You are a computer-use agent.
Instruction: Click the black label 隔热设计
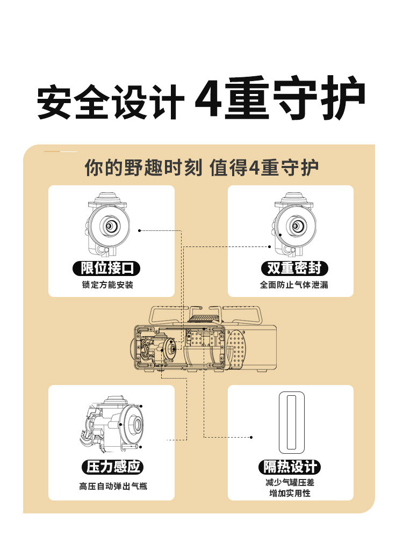(290, 467)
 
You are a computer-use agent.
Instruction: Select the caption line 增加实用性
(290, 493)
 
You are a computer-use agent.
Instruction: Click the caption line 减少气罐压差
(290, 483)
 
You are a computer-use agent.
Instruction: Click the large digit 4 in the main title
(207, 99)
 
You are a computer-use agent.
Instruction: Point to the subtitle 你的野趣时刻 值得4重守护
(201, 168)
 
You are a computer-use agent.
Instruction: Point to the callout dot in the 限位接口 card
(140, 230)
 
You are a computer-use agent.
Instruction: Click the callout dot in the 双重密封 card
(270, 246)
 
